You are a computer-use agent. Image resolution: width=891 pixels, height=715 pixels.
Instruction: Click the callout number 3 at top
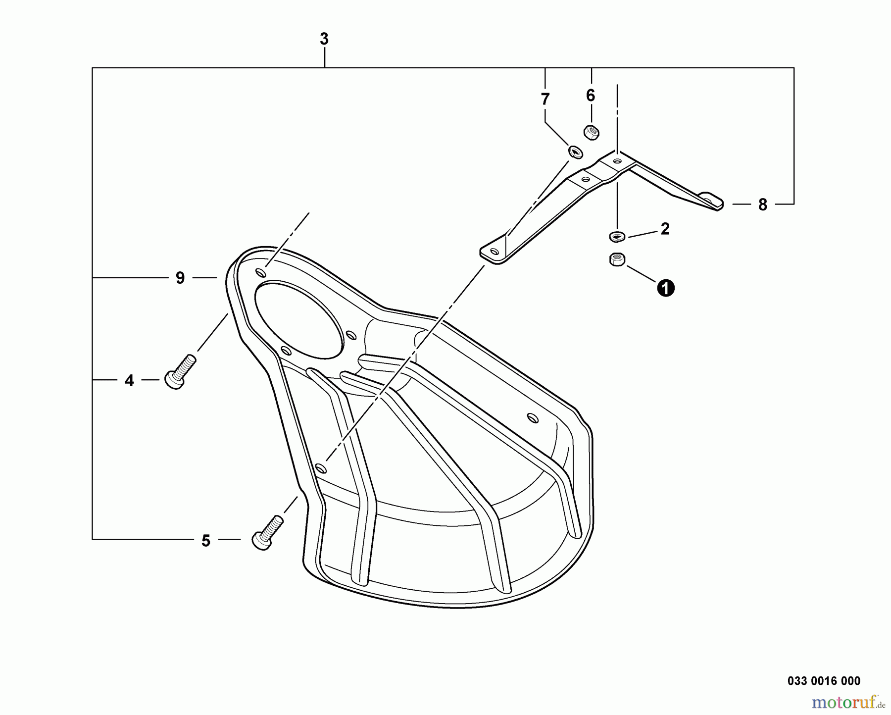point(324,39)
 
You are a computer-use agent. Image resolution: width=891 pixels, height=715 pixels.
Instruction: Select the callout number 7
point(545,99)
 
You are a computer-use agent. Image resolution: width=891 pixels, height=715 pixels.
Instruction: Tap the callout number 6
point(590,96)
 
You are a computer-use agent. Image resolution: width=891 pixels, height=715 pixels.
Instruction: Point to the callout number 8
point(762,204)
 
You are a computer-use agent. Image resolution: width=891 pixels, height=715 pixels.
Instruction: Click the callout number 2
point(665,229)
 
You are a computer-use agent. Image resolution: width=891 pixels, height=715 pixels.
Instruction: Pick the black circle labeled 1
point(666,288)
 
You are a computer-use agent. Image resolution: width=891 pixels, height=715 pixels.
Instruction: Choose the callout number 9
point(180,278)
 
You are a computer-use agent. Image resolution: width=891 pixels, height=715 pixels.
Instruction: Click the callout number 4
point(129,380)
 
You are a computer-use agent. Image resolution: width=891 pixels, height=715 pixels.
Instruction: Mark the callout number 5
point(206,541)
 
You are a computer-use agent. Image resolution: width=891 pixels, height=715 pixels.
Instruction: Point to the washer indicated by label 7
point(575,152)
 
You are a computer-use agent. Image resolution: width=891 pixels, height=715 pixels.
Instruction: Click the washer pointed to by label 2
point(617,237)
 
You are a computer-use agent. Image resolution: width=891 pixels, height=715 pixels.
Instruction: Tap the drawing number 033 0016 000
point(824,681)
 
